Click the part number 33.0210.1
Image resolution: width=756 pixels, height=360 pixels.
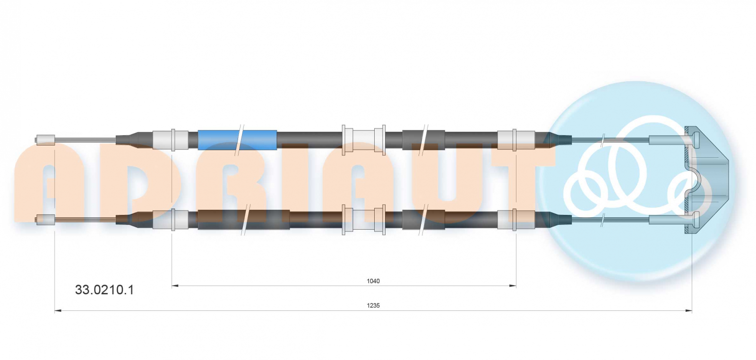(x=104, y=290)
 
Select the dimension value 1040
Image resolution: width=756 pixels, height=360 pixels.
(x=373, y=281)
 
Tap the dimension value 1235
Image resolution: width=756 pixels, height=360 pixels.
(x=373, y=305)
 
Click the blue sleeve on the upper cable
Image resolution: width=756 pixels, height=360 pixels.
(x=237, y=140)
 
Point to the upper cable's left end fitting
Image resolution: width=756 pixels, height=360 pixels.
(x=45, y=140)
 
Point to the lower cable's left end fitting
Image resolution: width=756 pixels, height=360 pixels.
(x=45, y=219)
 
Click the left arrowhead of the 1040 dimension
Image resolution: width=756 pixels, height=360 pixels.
(x=175, y=286)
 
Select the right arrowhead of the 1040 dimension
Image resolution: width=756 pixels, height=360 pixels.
(x=513, y=286)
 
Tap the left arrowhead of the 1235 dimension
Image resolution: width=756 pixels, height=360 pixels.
(x=58, y=311)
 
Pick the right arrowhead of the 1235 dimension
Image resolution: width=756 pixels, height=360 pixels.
(x=688, y=311)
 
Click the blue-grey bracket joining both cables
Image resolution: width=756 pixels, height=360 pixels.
(x=707, y=180)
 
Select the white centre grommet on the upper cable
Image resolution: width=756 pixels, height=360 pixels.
(x=363, y=140)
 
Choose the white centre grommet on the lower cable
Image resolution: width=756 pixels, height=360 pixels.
(x=363, y=219)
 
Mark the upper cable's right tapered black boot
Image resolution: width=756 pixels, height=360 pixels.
(x=558, y=140)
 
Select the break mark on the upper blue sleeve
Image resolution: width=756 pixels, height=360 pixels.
(x=239, y=140)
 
